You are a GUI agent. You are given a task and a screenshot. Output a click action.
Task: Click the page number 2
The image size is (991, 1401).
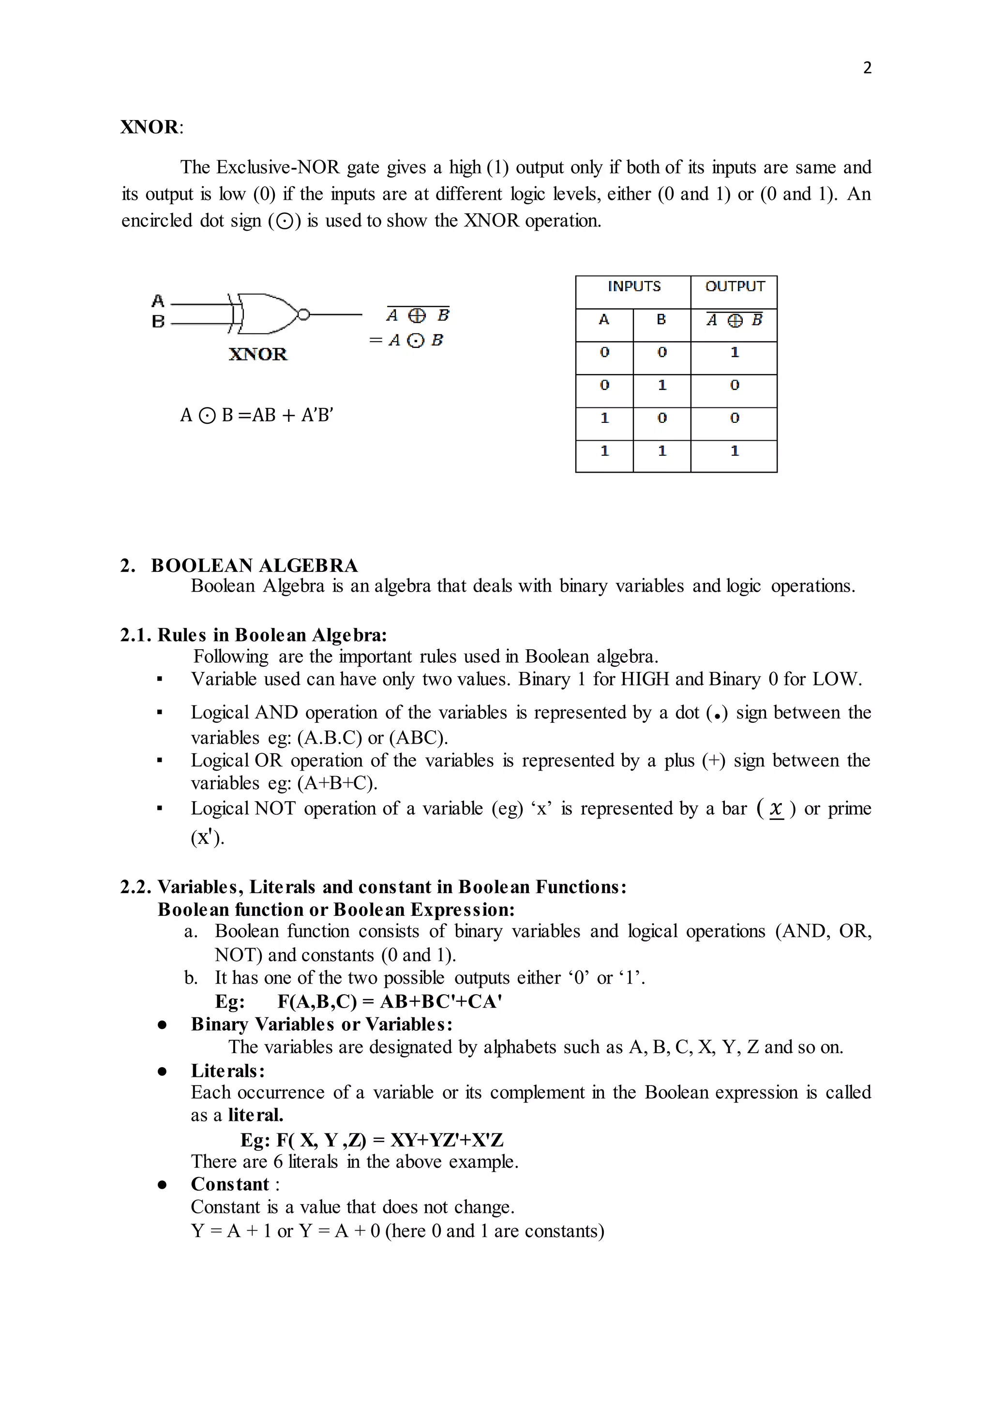point(867,68)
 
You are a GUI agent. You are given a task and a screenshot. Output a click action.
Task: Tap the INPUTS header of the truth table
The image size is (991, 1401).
point(633,286)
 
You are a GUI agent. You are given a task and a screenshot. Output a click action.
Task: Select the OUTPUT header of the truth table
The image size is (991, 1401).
point(734,286)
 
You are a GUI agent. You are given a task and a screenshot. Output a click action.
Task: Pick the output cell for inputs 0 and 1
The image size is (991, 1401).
point(734,385)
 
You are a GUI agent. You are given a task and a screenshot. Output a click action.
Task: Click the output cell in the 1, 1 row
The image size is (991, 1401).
point(734,451)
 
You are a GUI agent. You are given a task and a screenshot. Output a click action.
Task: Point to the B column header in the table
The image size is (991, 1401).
point(661,319)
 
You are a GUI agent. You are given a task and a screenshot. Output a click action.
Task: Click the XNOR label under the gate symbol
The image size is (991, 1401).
point(257,355)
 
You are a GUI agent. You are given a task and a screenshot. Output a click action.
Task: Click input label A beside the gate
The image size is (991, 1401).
point(158,301)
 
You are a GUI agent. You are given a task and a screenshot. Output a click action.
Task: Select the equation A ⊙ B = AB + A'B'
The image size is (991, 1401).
point(256,415)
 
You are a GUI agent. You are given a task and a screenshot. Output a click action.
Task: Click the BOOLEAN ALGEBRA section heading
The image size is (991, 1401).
point(255,565)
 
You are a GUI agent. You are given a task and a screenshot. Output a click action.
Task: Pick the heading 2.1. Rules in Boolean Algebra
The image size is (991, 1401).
point(253,635)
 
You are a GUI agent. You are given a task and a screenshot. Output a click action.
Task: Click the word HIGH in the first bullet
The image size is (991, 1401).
point(645,679)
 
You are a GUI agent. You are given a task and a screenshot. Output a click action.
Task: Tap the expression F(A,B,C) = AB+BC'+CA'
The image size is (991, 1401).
point(390,1001)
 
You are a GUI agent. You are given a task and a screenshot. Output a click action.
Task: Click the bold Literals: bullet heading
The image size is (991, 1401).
point(227,1071)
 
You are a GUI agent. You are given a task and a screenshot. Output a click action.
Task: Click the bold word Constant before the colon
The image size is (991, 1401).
point(229,1184)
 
